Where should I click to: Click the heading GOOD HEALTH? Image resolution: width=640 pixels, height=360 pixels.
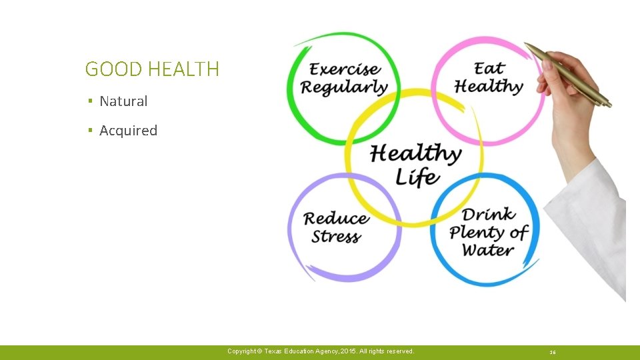pyautogui.click(x=152, y=69)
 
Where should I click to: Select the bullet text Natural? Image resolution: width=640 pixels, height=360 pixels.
pyautogui.click(x=123, y=101)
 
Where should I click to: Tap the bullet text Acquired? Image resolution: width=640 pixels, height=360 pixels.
pyautogui.click(x=128, y=131)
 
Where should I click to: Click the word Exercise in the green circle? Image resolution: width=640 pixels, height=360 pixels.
pyautogui.click(x=345, y=69)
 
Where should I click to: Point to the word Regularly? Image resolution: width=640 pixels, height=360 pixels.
pyautogui.click(x=343, y=87)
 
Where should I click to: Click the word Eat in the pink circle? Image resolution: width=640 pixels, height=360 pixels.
pyautogui.click(x=489, y=68)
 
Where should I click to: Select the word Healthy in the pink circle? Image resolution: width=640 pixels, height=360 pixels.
pyautogui.click(x=489, y=86)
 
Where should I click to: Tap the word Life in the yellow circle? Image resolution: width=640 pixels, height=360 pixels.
pyautogui.click(x=417, y=177)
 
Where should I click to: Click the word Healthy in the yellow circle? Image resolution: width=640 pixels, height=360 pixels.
pyautogui.click(x=415, y=153)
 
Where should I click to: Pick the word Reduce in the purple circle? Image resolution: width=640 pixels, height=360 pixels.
pyautogui.click(x=336, y=218)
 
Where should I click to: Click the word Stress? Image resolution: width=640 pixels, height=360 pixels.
pyautogui.click(x=336, y=237)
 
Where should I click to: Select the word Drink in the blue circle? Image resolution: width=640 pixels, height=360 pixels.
pyautogui.click(x=489, y=214)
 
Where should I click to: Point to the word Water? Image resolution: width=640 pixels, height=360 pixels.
pyautogui.click(x=488, y=251)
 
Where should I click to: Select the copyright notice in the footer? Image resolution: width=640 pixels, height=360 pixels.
pyautogui.click(x=320, y=351)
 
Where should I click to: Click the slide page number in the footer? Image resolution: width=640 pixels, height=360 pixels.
pyautogui.click(x=553, y=352)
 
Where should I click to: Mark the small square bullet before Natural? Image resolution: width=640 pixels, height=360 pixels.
pyautogui.click(x=89, y=101)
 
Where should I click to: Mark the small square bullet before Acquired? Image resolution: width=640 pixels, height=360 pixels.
pyautogui.click(x=89, y=131)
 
